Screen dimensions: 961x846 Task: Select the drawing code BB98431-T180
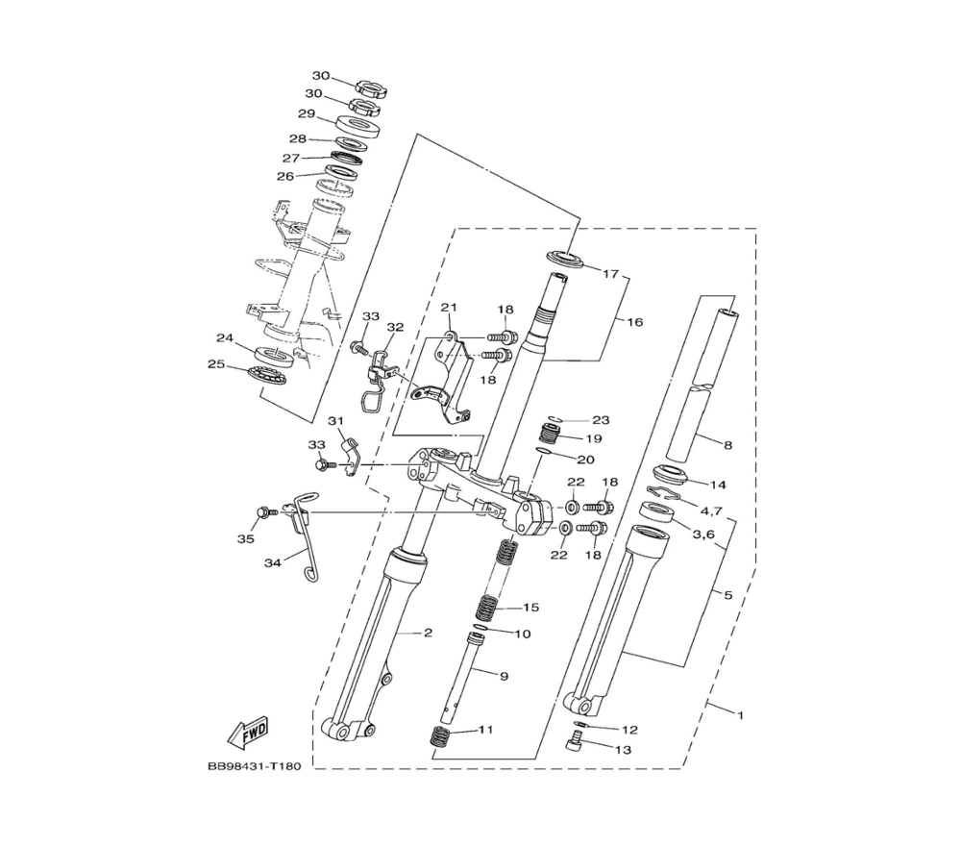[x=255, y=766]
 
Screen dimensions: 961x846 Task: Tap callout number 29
[x=307, y=113]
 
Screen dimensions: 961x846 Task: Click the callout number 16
[x=635, y=322]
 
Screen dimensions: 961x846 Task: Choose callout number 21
[x=449, y=307]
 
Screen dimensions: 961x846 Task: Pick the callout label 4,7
[x=711, y=510]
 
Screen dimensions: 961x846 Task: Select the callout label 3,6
[x=703, y=534]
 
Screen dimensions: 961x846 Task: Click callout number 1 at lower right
[x=740, y=715]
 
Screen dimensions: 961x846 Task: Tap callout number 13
[x=623, y=750]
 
